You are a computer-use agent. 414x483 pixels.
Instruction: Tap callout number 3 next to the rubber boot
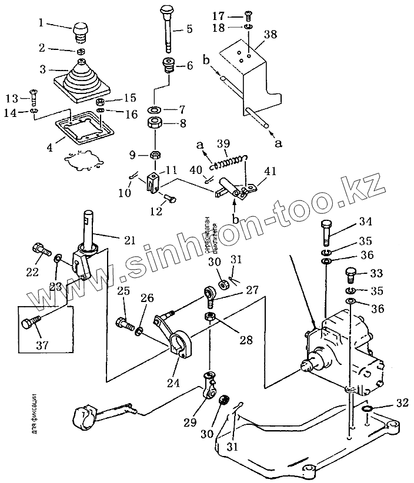[x=42, y=69]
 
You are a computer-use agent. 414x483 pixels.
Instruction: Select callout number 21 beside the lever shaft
[x=129, y=240]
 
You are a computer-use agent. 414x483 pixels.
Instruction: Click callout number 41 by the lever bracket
[x=270, y=171]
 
